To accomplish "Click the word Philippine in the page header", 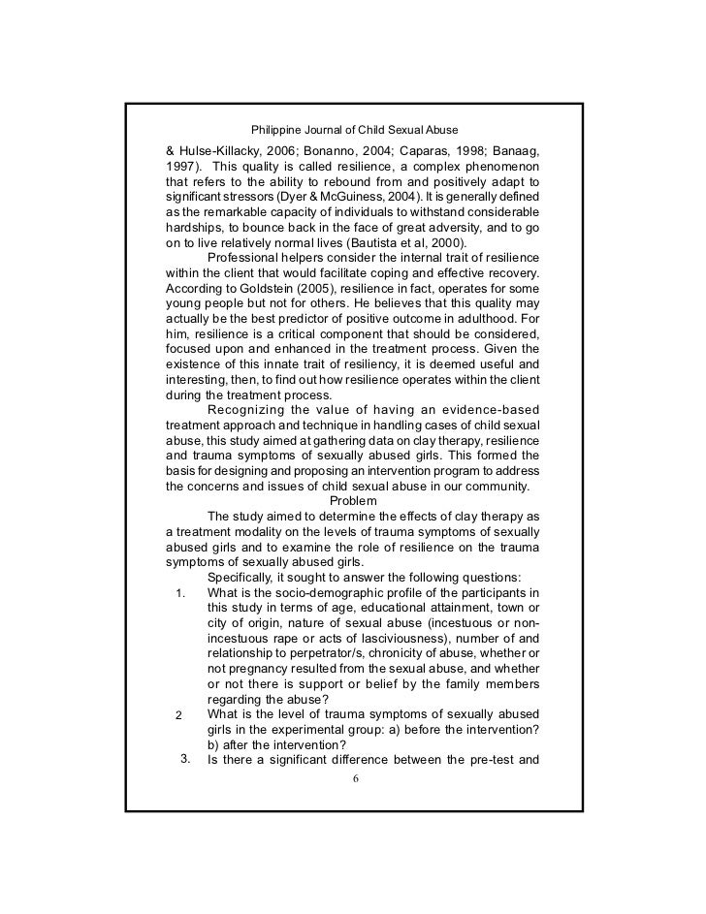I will [279, 129].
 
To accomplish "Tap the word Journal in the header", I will [332, 129].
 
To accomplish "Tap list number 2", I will [178, 714].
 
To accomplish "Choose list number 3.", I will [183, 758].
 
